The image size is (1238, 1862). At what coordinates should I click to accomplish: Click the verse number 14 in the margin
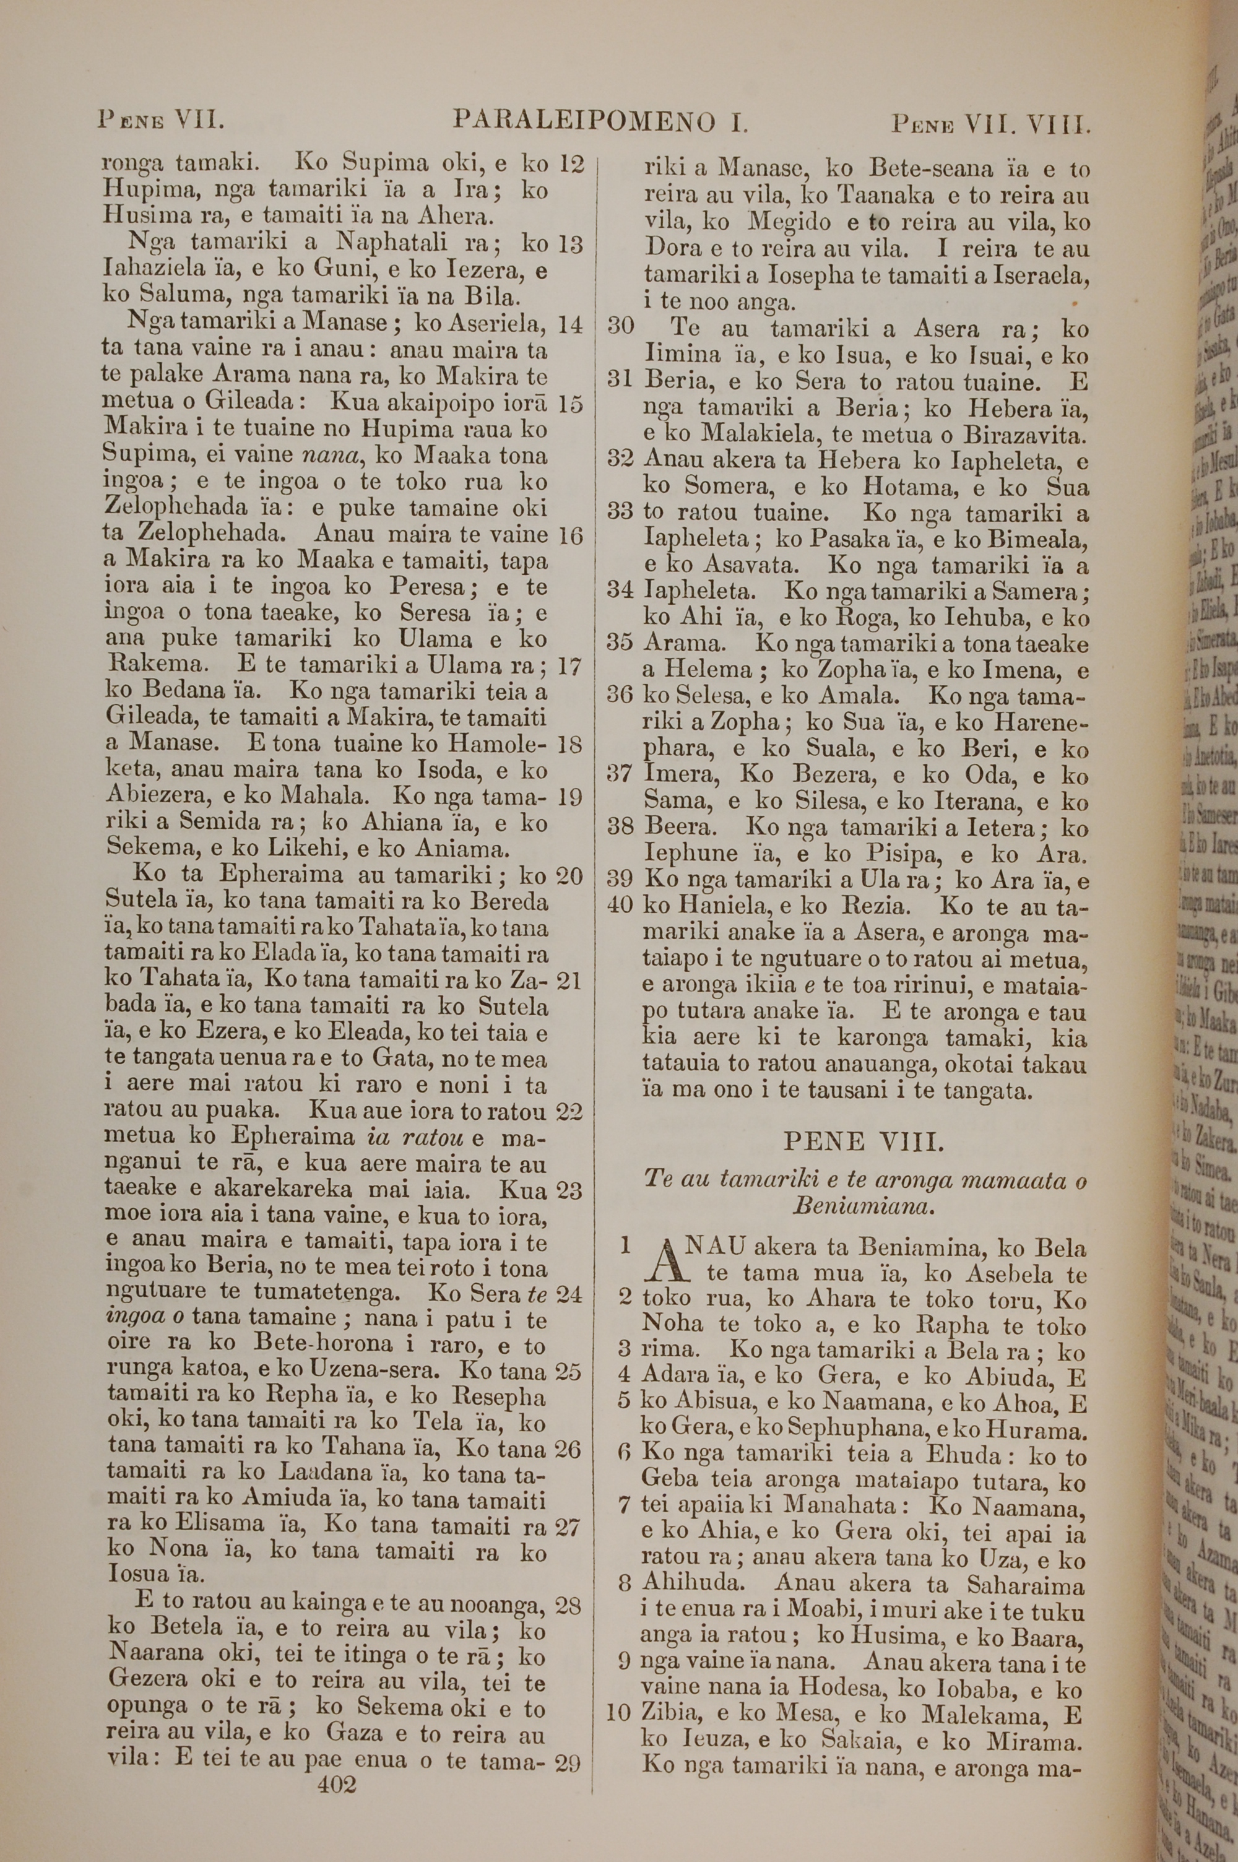click(x=570, y=324)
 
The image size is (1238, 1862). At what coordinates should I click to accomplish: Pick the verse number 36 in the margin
click(x=621, y=696)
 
